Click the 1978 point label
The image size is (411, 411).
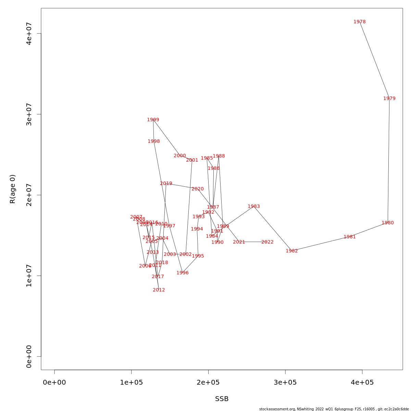360,22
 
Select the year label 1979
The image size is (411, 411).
389,99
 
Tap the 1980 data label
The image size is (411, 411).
388,223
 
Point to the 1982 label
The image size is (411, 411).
292,251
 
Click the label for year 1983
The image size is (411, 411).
254,207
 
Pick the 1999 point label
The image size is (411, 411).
153,120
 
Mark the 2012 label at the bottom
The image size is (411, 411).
159,290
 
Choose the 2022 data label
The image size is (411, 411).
267,242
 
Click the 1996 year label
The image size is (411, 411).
183,273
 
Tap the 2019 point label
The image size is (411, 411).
166,184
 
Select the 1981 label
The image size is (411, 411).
350,237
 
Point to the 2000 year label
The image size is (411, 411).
180,156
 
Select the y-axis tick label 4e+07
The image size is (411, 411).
29,34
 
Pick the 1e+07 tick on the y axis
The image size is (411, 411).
29,276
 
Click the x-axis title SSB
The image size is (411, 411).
222,399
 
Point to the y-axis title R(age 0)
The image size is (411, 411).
13,189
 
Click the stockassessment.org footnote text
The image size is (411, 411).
334,409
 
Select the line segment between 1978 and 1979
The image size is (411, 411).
374,60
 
